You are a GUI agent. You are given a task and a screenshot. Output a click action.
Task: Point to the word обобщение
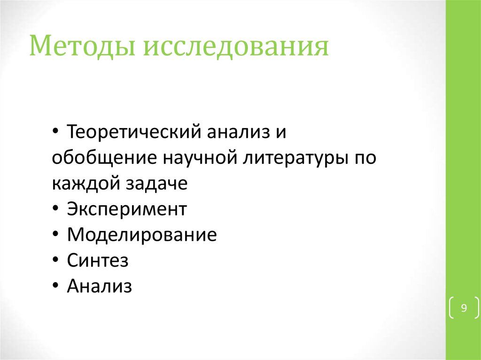click(x=103, y=158)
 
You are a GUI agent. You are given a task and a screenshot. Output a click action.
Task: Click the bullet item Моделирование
click(x=142, y=235)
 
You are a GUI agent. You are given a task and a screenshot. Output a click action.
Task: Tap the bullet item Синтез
click(x=98, y=260)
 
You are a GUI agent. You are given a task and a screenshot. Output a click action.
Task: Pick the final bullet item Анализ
click(x=100, y=286)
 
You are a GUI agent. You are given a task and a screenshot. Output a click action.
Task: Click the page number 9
click(x=464, y=308)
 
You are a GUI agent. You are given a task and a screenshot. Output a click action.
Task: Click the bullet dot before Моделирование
click(x=56, y=235)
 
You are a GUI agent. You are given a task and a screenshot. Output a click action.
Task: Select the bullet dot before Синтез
click(x=56, y=261)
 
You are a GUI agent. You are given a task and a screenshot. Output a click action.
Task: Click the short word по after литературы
click(x=363, y=158)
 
